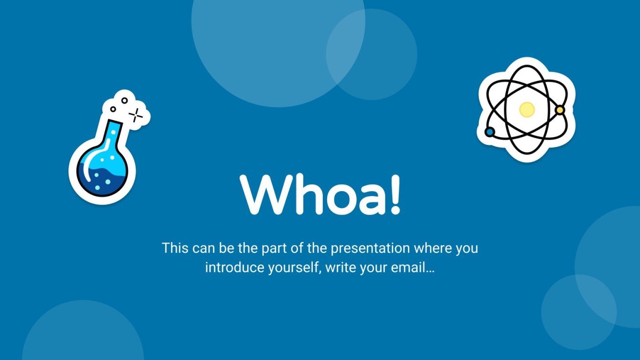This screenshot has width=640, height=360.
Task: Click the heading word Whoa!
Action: pyautogui.click(x=320, y=195)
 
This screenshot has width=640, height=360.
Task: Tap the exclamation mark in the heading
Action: pyautogui.click(x=395, y=195)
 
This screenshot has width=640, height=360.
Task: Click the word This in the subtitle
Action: pyautogui.click(x=175, y=248)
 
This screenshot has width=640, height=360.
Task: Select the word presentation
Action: pyautogui.click(x=370, y=249)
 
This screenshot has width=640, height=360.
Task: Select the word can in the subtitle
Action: pyautogui.click(x=204, y=249)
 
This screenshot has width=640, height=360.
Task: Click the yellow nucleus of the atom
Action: pyautogui.click(x=527, y=109)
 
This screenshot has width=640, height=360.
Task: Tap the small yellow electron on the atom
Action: pyautogui.click(x=560, y=110)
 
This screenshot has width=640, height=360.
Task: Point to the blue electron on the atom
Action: pyautogui.click(x=490, y=132)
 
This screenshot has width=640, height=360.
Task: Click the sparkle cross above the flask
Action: pyautogui.click(x=136, y=115)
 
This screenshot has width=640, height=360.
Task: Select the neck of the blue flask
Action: pyautogui.click(x=112, y=134)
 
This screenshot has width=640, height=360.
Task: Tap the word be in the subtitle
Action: pyautogui.click(x=226, y=248)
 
